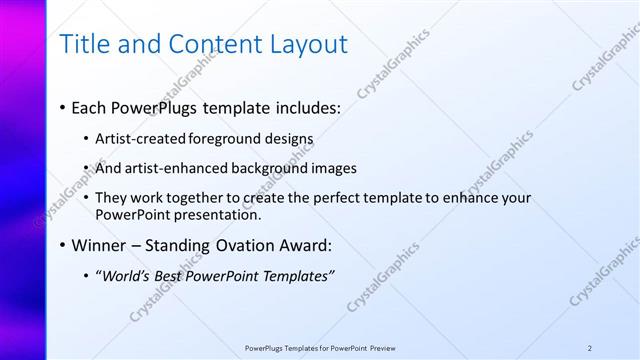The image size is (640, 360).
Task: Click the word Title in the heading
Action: tap(85, 45)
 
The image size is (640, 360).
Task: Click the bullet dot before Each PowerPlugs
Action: tap(63, 106)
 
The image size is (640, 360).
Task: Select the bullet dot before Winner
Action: tap(63, 245)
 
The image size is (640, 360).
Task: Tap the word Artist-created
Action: tap(135, 138)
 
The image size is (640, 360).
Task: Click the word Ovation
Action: tap(246, 245)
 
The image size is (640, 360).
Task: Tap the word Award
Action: tap(305, 245)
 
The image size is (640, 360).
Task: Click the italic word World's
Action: tap(125, 276)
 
